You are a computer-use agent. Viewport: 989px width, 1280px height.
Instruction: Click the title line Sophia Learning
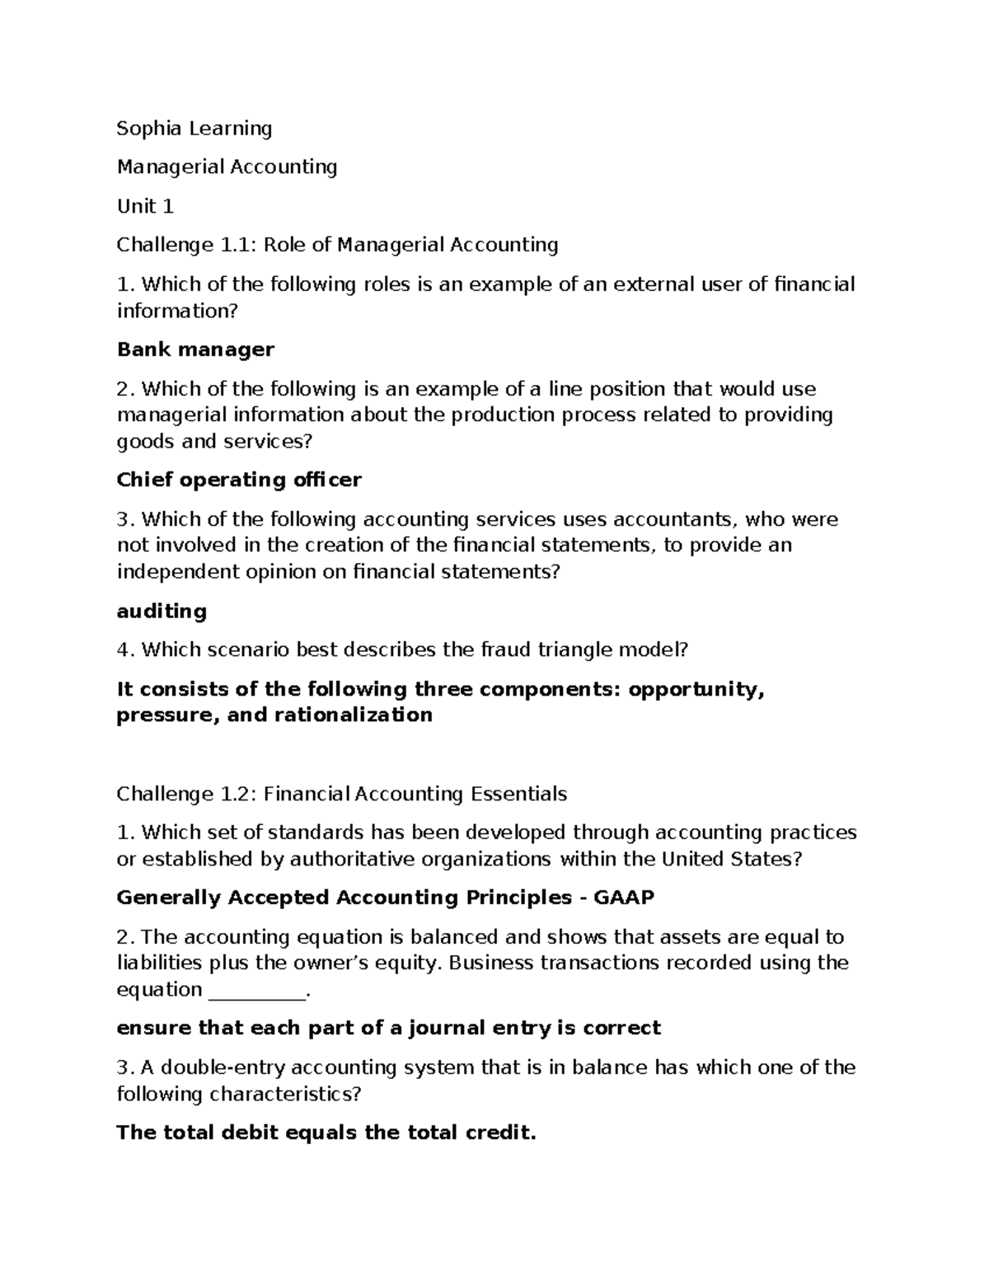click(194, 129)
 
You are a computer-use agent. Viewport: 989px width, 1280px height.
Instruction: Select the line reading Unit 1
click(145, 206)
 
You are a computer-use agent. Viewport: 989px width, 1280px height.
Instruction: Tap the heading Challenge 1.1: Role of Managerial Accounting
click(337, 245)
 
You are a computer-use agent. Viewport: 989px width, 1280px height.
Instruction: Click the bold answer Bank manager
click(195, 349)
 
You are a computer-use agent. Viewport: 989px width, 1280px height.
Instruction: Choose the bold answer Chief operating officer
click(239, 480)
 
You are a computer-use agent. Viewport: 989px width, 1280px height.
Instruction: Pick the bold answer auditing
click(162, 611)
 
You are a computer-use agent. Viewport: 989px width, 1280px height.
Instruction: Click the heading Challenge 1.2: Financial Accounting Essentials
click(341, 794)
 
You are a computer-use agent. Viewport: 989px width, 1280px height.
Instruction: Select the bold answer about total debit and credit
click(326, 1132)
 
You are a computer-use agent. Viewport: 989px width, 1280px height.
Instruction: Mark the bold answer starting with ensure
click(388, 1028)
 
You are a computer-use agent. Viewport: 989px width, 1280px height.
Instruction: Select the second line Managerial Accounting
click(227, 167)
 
